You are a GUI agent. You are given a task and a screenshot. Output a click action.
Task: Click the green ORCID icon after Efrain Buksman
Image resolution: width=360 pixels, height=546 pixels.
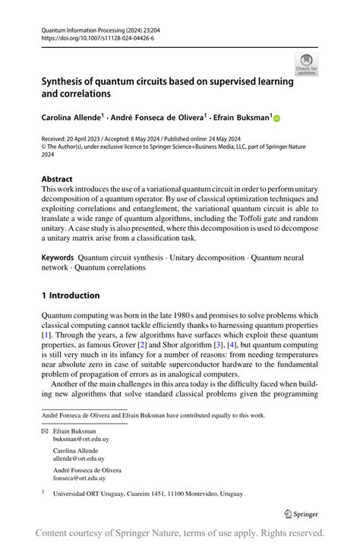[x=276, y=118]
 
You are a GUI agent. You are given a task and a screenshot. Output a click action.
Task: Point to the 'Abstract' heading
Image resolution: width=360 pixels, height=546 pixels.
[x=58, y=180]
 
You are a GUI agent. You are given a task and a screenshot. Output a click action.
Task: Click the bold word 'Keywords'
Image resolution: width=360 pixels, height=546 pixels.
[x=58, y=258]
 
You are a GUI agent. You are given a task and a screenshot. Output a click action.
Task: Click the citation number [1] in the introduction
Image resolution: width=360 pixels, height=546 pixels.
[x=46, y=335]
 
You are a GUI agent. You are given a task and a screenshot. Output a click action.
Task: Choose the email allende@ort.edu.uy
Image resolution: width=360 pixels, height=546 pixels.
[x=78, y=459]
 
